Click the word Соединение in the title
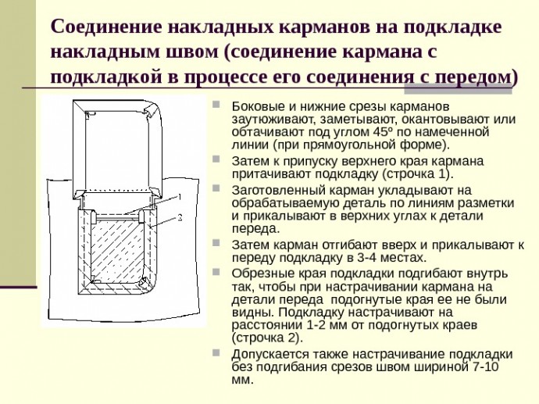[x=106, y=27]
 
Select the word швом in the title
[x=192, y=52]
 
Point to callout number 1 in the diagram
[x=179, y=197]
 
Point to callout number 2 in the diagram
[x=180, y=218]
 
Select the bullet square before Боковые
[x=216, y=105]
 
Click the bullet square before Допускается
[x=216, y=352]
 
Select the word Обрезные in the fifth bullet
[x=261, y=274]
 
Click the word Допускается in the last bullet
[x=267, y=354]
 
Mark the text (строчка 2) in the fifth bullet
[x=267, y=338]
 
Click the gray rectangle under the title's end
[x=458, y=91]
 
